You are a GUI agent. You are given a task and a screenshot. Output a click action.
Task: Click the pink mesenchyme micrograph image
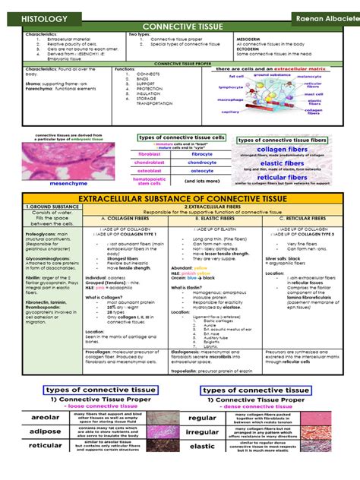click(58, 163)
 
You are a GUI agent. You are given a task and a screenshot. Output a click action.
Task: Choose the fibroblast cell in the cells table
click(149, 154)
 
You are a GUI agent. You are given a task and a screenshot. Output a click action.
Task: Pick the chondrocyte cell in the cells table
click(201, 163)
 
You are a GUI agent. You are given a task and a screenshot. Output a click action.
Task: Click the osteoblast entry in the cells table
click(149, 172)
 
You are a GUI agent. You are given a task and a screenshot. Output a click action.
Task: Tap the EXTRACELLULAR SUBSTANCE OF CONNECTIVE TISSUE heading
click(181, 199)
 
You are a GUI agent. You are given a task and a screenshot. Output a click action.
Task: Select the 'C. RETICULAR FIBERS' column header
click(298, 219)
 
